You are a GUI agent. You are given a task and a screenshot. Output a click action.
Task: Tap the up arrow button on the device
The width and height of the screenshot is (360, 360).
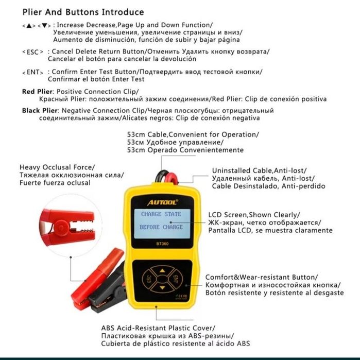pyautogui.click(x=162, y=270)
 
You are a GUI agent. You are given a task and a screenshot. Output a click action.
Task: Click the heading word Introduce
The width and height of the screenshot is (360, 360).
pyautogui.click(x=123, y=12)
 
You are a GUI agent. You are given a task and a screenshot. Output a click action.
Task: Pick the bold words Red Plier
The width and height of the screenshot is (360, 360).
pyautogui.click(x=34, y=91)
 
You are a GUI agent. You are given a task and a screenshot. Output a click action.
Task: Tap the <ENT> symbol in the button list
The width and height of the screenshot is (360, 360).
pyautogui.click(x=32, y=72)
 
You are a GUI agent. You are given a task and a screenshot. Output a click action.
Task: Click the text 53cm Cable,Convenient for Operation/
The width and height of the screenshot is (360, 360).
pyautogui.click(x=193, y=134)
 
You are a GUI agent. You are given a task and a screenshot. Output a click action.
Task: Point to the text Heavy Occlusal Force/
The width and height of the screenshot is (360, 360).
pyautogui.click(x=57, y=167)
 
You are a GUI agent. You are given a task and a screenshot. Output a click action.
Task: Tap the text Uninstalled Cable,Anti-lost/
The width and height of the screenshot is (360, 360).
pyautogui.click(x=259, y=170)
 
